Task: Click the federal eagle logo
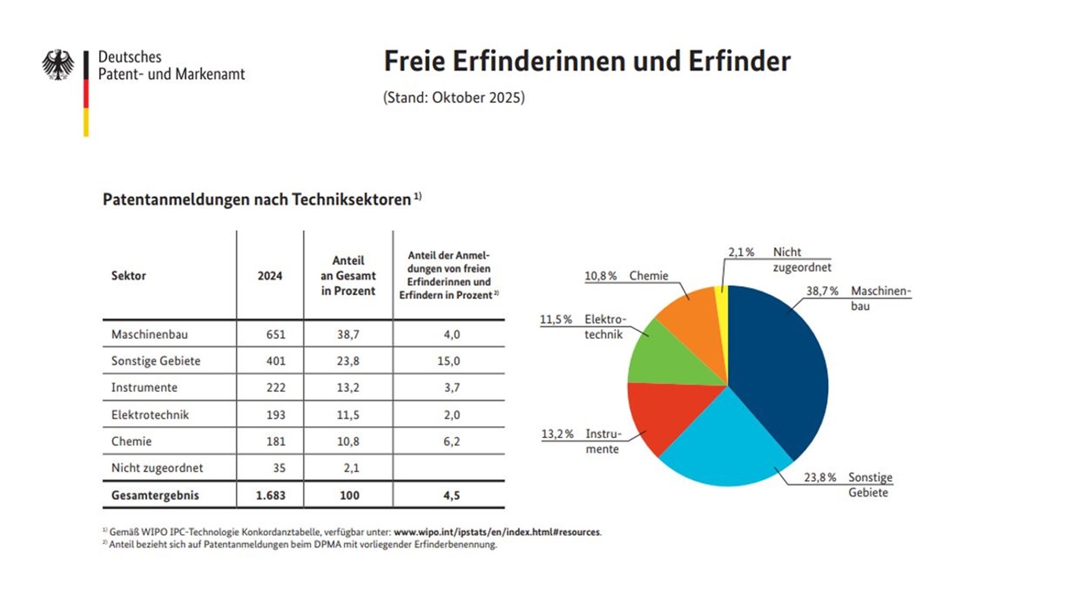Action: (58, 64)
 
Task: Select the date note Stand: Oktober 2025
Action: (454, 98)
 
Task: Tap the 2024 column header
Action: (269, 276)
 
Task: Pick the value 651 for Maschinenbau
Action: (276, 334)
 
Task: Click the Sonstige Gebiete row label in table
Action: (156, 361)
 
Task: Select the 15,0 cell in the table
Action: (448, 361)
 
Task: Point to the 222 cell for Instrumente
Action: (276, 388)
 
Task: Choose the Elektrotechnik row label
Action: (150, 415)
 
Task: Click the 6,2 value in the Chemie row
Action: (451, 441)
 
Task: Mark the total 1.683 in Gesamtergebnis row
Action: (271, 496)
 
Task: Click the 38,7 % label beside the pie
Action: (822, 291)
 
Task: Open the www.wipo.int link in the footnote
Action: (497, 532)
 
